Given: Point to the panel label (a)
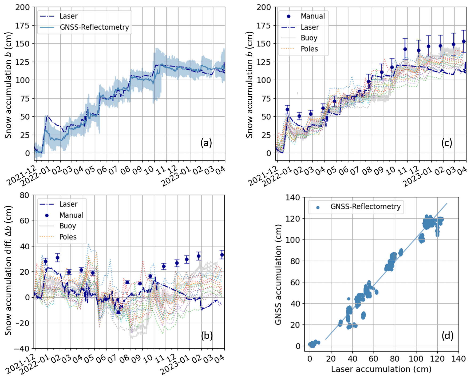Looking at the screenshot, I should (x=206, y=143).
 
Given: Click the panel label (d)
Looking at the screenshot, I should (x=448, y=335).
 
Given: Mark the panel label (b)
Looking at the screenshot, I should (x=207, y=335).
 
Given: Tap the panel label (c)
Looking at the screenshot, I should (x=447, y=143).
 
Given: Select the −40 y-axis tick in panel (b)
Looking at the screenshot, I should (x=21, y=349).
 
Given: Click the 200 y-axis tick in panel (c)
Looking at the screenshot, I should (x=264, y=7).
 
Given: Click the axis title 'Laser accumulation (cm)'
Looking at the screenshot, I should (x=381, y=369).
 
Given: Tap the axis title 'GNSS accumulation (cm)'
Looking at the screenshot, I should (x=278, y=274).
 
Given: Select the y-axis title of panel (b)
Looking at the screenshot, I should (x=8, y=270).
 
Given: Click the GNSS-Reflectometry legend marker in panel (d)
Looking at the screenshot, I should (x=318, y=207).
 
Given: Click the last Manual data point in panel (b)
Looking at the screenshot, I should (x=222, y=255).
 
